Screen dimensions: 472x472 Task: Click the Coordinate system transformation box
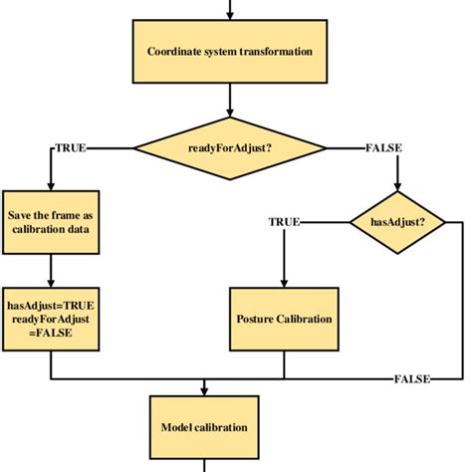[x=230, y=52]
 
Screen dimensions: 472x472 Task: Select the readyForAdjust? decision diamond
[x=230, y=148]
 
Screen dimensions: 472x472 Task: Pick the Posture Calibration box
[x=285, y=319]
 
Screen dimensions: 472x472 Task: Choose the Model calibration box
[x=204, y=427]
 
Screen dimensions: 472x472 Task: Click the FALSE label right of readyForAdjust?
[x=383, y=148]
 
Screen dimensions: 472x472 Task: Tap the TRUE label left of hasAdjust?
[x=284, y=221]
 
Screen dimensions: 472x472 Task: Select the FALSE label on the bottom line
[x=411, y=379]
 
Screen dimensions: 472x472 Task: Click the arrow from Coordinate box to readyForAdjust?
[x=230, y=100]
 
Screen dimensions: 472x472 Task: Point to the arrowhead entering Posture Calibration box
[x=285, y=283]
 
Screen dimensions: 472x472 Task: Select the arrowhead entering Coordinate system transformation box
[x=230, y=16]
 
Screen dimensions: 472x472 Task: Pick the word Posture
[x=258, y=319]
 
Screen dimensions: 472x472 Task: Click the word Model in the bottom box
[x=176, y=427]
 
